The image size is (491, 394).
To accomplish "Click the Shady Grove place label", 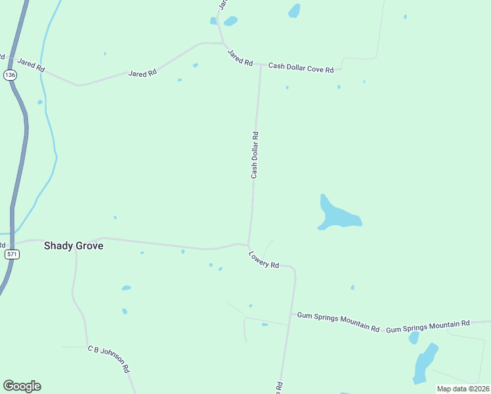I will [73, 246].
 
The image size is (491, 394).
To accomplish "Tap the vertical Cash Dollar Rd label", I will [255, 155].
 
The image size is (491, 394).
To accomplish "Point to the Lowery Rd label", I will [264, 259].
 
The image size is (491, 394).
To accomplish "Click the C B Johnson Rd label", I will [109, 359].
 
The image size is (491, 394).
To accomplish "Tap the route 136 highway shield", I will [10, 76].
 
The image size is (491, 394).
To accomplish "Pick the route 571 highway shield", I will [11, 254].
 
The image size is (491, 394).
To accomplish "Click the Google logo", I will [22, 386].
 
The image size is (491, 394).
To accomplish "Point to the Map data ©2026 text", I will [463, 389].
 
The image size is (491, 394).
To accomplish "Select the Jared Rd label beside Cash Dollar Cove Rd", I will [240, 57].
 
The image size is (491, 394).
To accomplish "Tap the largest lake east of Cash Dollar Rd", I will [337, 215].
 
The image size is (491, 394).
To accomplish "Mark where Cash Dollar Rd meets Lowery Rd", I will [248, 245].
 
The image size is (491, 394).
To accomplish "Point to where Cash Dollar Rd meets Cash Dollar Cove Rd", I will [260, 65].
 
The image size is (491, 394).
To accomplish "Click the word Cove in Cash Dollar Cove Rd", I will [312, 69].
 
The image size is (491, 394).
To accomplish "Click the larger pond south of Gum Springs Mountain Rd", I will [425, 363].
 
